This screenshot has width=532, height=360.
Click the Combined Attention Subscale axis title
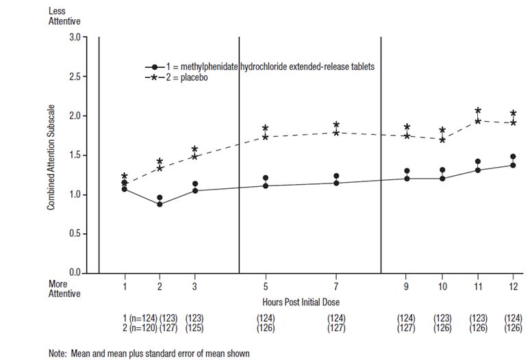pyautogui.click(x=52, y=155)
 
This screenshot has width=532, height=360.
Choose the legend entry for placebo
pyautogui.click(x=184, y=77)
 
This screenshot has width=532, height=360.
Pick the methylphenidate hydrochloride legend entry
pyautogui.click(x=260, y=66)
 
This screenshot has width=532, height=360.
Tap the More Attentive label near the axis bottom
pyautogui.click(x=63, y=288)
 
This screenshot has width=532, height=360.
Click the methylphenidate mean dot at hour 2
pyautogui.click(x=160, y=204)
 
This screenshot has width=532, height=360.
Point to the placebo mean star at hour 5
pyautogui.click(x=265, y=137)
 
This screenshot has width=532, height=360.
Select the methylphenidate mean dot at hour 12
pyautogui.click(x=514, y=165)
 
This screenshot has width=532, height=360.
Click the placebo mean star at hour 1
pyautogui.click(x=125, y=183)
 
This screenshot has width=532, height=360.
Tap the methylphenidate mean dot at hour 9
pyautogui.click(x=407, y=179)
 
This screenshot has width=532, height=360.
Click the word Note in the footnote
pyautogui.click(x=57, y=353)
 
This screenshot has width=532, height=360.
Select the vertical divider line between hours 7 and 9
pyautogui.click(x=381, y=154)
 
